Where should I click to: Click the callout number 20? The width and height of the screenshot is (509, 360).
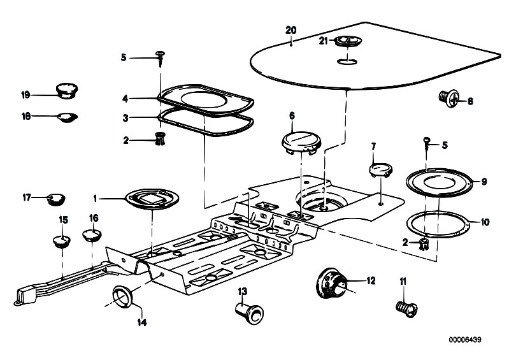pos(291,30)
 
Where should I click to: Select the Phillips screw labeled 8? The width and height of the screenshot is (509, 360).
pos(448,98)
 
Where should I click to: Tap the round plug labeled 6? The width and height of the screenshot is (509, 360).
pos(301,143)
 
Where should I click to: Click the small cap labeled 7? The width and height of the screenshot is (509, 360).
pos(381,170)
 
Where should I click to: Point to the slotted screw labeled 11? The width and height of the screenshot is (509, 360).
pos(406,309)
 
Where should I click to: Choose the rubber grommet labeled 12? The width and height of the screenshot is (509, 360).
pos(332,283)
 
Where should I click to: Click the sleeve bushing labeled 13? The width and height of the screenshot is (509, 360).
pos(249,312)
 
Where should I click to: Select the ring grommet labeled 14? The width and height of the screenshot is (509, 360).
pos(122,296)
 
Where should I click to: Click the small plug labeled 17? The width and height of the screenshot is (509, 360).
pos(56,199)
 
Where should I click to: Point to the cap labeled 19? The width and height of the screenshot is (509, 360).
pos(67,90)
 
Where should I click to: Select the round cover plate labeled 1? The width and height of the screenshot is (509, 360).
pos(152,199)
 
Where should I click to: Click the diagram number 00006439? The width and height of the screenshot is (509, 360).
pos(465,340)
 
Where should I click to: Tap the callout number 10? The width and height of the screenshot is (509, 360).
pos(485,222)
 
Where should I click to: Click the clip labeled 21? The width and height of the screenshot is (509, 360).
pos(348,41)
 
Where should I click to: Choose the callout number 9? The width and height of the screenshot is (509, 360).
pos(484,182)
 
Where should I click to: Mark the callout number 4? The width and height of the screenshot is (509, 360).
pos(125,99)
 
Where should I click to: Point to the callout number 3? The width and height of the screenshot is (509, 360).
pos(125,118)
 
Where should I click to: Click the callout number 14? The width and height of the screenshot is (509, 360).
pos(142,322)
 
